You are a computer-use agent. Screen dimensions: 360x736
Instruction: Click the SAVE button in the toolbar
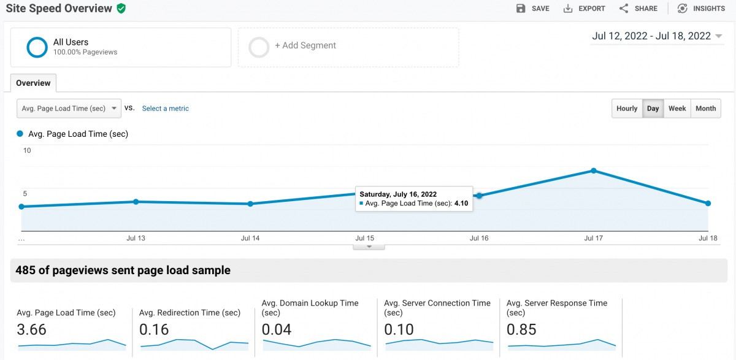(532, 9)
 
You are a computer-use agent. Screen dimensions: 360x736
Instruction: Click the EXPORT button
(584, 9)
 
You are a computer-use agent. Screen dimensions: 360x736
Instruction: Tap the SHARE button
(638, 9)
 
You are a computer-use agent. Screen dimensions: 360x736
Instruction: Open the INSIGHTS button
(700, 9)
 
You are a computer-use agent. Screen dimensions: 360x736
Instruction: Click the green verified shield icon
(121, 9)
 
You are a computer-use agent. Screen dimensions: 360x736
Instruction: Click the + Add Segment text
(305, 45)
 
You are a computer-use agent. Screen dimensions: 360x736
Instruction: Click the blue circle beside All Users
(37, 47)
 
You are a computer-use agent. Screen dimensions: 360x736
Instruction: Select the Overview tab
(33, 83)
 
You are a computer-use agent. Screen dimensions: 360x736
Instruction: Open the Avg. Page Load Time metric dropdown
(69, 109)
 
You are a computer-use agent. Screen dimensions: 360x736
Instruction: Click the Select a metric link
(165, 109)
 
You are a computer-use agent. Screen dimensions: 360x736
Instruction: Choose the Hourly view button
(626, 109)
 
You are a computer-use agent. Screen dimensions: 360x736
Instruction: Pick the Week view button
(677, 109)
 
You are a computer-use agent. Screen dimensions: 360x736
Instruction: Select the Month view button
(705, 109)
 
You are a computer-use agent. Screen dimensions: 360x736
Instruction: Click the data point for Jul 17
(594, 170)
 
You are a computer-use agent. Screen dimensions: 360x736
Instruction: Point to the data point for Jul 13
(136, 202)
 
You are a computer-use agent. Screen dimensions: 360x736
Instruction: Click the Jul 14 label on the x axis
(250, 238)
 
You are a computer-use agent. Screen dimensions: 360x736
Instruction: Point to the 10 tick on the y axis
(27, 151)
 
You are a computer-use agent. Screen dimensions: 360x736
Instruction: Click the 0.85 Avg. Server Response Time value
(523, 329)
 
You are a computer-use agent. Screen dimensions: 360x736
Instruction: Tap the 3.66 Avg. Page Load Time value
(32, 329)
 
